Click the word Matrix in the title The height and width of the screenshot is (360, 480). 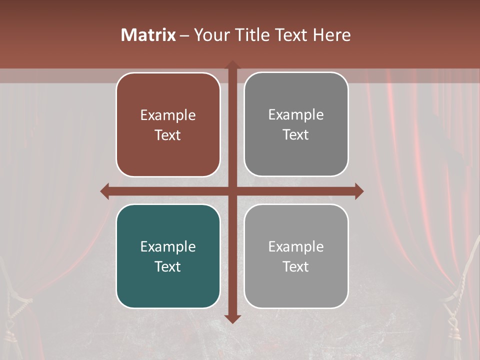[x=148, y=35]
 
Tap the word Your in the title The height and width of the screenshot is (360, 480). [x=210, y=35]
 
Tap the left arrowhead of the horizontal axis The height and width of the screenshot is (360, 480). [x=105, y=191]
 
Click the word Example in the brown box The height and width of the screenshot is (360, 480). [x=168, y=115]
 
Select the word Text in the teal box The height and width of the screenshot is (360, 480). [x=168, y=266]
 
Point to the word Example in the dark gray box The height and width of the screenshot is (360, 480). [x=296, y=114]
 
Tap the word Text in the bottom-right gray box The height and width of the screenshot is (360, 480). [x=296, y=266]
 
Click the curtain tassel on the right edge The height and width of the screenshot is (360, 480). [x=457, y=320]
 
